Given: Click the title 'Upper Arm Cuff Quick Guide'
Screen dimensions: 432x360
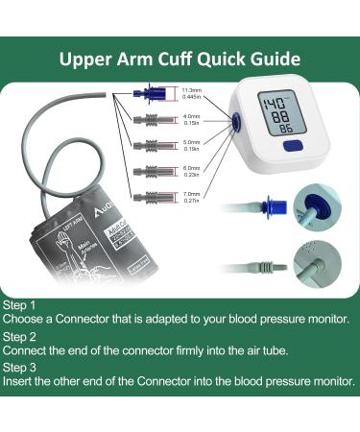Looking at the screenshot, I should coord(180,57).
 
